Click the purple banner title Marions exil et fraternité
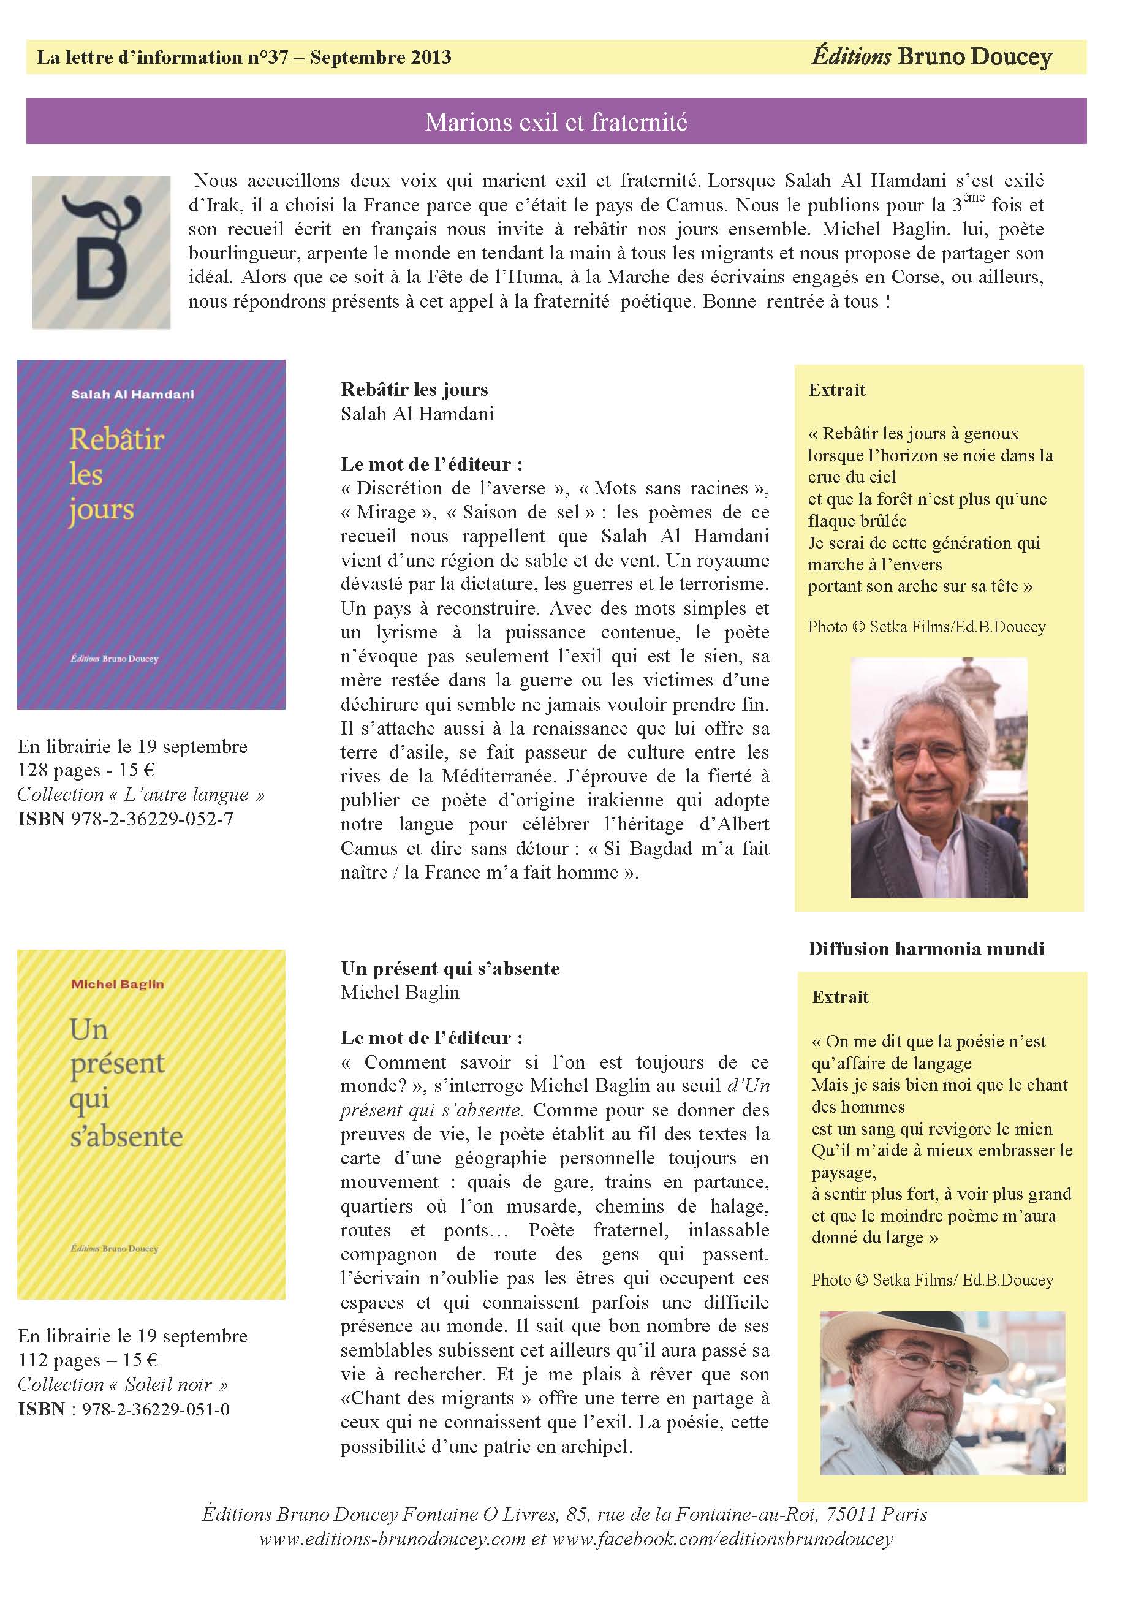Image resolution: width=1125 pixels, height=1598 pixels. point(556,123)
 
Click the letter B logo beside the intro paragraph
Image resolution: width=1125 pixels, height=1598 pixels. point(101,252)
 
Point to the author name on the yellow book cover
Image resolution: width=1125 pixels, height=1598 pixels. point(117,984)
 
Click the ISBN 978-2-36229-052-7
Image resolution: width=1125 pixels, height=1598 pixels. point(126,819)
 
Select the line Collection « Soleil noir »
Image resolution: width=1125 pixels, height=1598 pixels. point(123,1385)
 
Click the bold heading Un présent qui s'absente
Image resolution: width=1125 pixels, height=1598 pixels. point(450,969)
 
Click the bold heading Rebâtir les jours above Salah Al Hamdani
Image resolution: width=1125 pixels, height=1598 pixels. point(414,390)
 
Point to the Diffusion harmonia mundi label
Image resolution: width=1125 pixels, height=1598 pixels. point(926,949)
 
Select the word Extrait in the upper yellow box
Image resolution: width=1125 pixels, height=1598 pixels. point(837,390)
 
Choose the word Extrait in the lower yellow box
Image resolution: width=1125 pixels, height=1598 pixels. point(840,998)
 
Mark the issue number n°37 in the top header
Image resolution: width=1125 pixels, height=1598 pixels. point(267,57)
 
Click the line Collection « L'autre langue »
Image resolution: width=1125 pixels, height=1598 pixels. point(141,795)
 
